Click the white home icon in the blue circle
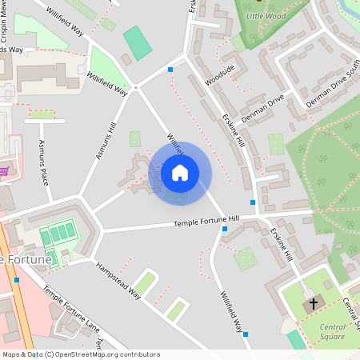tap(180, 172)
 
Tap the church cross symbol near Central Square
tap(313, 304)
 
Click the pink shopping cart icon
tap(4, 170)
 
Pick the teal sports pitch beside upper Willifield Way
tap(138, 43)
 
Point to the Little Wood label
tap(266, 16)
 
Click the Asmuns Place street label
tap(44, 162)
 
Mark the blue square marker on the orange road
tap(16, 280)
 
